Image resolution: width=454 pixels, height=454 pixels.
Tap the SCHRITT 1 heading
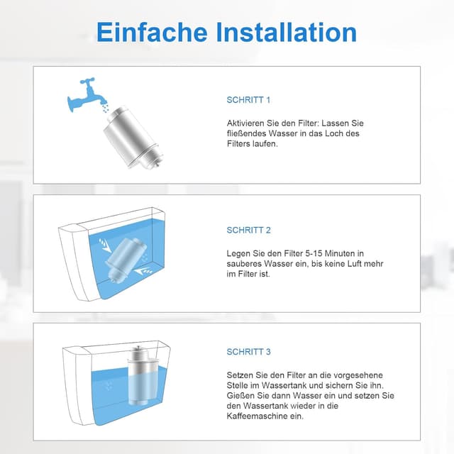pyautogui.click(x=248, y=100)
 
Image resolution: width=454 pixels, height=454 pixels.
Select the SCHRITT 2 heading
pyautogui.click(x=248, y=230)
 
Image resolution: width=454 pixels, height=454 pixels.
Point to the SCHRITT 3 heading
pyautogui.click(x=248, y=352)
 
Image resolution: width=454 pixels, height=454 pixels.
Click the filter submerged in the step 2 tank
pyautogui.click(x=126, y=258)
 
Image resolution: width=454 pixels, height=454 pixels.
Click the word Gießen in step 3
pyautogui.click(x=242, y=395)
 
